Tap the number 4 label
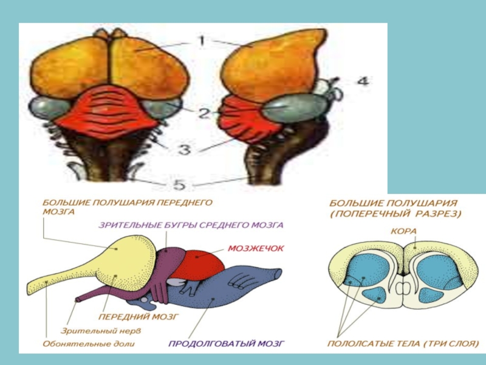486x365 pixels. click(361, 82)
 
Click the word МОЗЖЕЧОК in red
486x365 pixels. click(256, 248)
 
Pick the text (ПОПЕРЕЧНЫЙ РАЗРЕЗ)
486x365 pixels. click(395, 214)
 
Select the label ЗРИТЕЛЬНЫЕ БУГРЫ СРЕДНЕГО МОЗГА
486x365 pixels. click(191, 224)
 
